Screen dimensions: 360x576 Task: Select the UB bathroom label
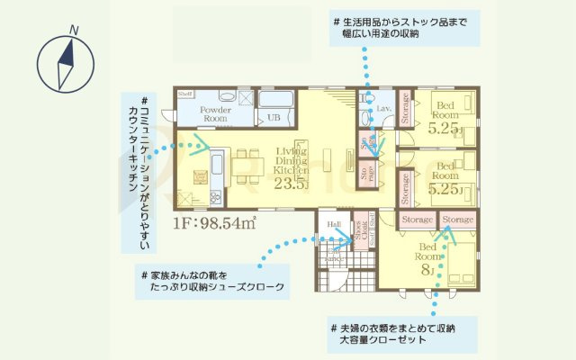point(273,117)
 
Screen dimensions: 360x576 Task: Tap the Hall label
point(332,226)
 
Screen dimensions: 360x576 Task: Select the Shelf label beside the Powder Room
point(185,94)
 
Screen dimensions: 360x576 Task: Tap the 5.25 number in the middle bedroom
point(445,190)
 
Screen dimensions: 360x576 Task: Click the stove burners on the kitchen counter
point(214,194)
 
